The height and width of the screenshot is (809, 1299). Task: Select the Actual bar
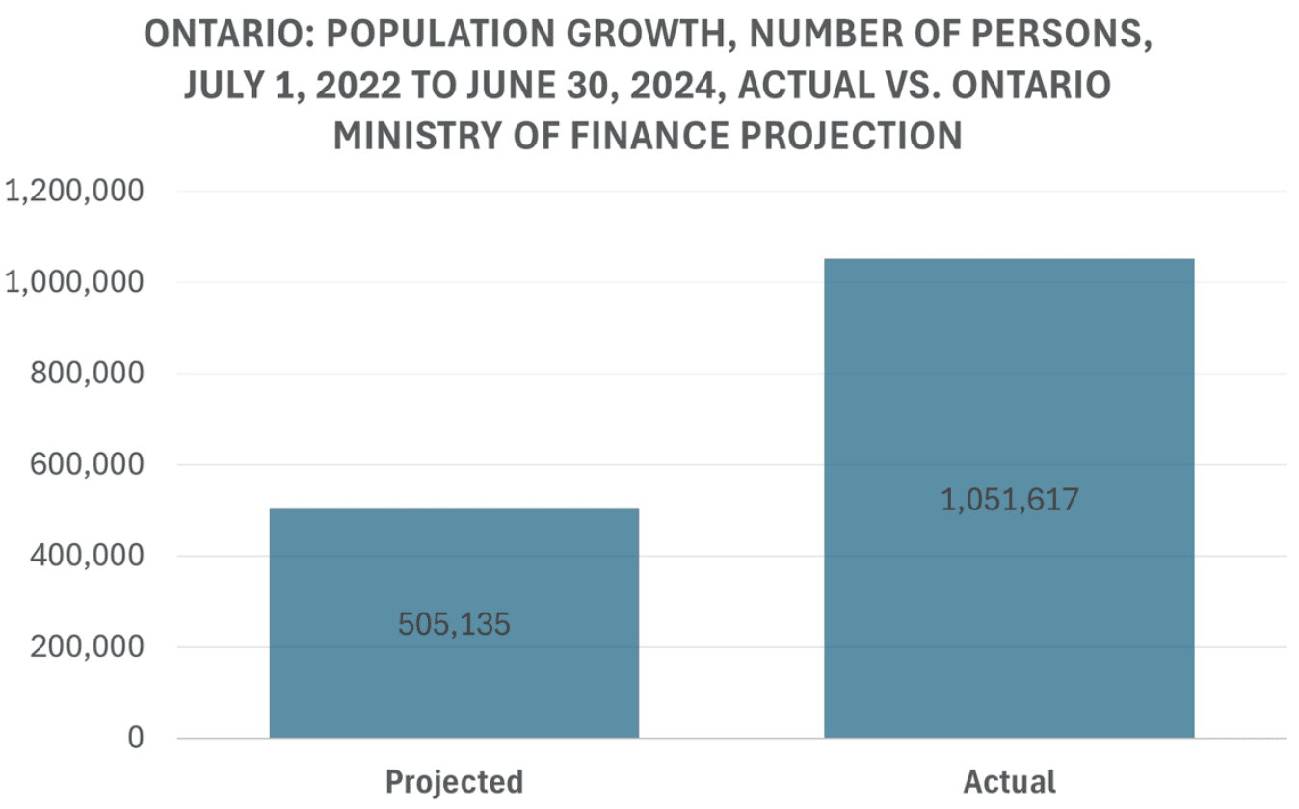coord(1009,385)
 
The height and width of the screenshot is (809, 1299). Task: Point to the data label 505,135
coord(454,625)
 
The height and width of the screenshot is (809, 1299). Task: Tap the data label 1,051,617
coord(1009,501)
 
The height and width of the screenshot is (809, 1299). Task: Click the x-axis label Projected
coord(454,781)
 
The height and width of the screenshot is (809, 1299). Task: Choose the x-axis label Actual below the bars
coord(1009,781)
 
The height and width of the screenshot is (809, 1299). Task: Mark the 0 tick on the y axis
coord(134,739)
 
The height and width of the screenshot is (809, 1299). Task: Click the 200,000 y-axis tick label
coord(87,647)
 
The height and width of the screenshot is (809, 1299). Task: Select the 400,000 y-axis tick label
coord(87,556)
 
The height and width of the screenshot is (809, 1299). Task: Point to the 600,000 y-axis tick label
coord(87,465)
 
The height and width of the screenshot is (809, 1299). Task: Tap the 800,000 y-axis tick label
coord(87,374)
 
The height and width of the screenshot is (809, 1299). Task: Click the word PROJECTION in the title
coord(858,136)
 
